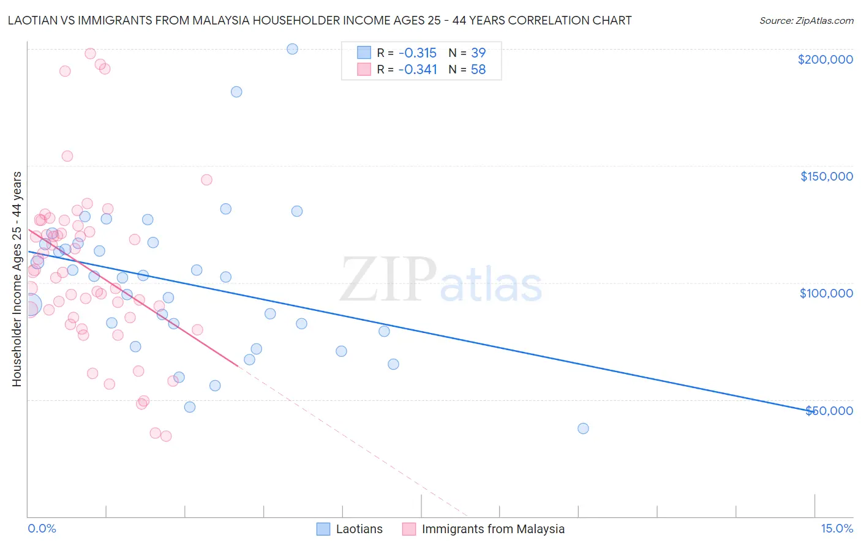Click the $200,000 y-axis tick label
[x=825, y=59]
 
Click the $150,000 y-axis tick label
[x=826, y=176]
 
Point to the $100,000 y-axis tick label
[x=826, y=293]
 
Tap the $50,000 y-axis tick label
[x=829, y=410]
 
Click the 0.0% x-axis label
[x=42, y=528]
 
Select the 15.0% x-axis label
[x=837, y=528]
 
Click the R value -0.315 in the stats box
[x=417, y=53]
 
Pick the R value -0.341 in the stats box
[x=417, y=70]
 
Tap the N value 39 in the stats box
[x=478, y=53]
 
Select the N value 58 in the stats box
[x=478, y=70]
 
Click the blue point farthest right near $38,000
[x=583, y=428]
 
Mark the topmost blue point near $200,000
[x=293, y=49]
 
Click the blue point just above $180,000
[x=236, y=92]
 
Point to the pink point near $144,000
[x=206, y=180]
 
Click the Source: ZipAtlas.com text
[x=806, y=21]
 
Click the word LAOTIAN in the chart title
[x=32, y=20]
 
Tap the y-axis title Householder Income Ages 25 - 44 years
[x=17, y=279]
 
